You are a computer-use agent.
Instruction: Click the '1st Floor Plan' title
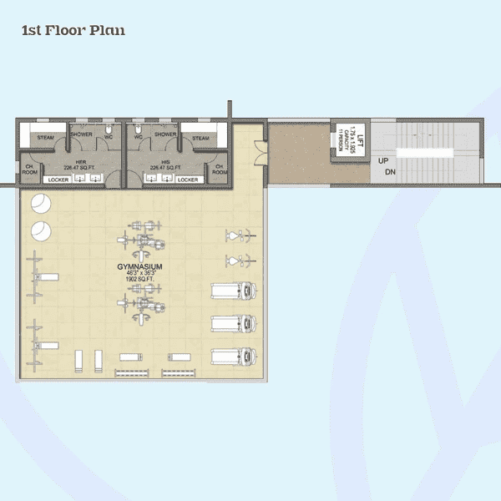[x=73, y=32]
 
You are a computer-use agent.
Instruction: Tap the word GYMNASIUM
[x=139, y=266]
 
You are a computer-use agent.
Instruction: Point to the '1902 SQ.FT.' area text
[x=139, y=280]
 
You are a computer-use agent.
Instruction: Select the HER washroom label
[x=81, y=162]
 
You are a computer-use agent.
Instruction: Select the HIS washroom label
[x=155, y=162]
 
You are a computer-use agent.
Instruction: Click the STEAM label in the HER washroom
[x=45, y=137]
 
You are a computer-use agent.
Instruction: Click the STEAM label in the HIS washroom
[x=200, y=137]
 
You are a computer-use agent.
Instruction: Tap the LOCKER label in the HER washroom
[x=58, y=180]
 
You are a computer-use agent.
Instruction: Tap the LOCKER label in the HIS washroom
[x=188, y=180]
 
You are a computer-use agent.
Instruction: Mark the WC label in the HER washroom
[x=109, y=137]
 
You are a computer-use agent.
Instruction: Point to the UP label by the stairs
[x=383, y=160]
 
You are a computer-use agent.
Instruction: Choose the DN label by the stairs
[x=389, y=173]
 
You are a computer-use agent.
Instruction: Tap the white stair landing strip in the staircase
[x=424, y=154]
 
